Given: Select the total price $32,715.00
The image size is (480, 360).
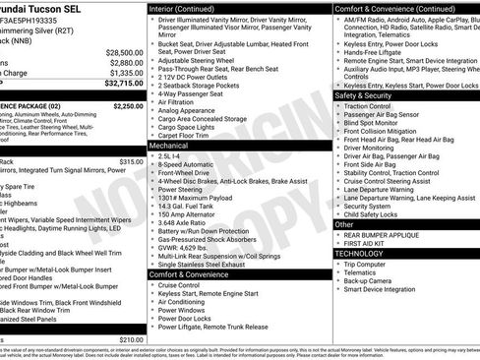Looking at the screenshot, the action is [123, 84].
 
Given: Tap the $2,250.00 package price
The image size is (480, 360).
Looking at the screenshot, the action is [128, 105].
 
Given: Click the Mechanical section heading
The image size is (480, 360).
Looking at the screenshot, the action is [173, 144].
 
